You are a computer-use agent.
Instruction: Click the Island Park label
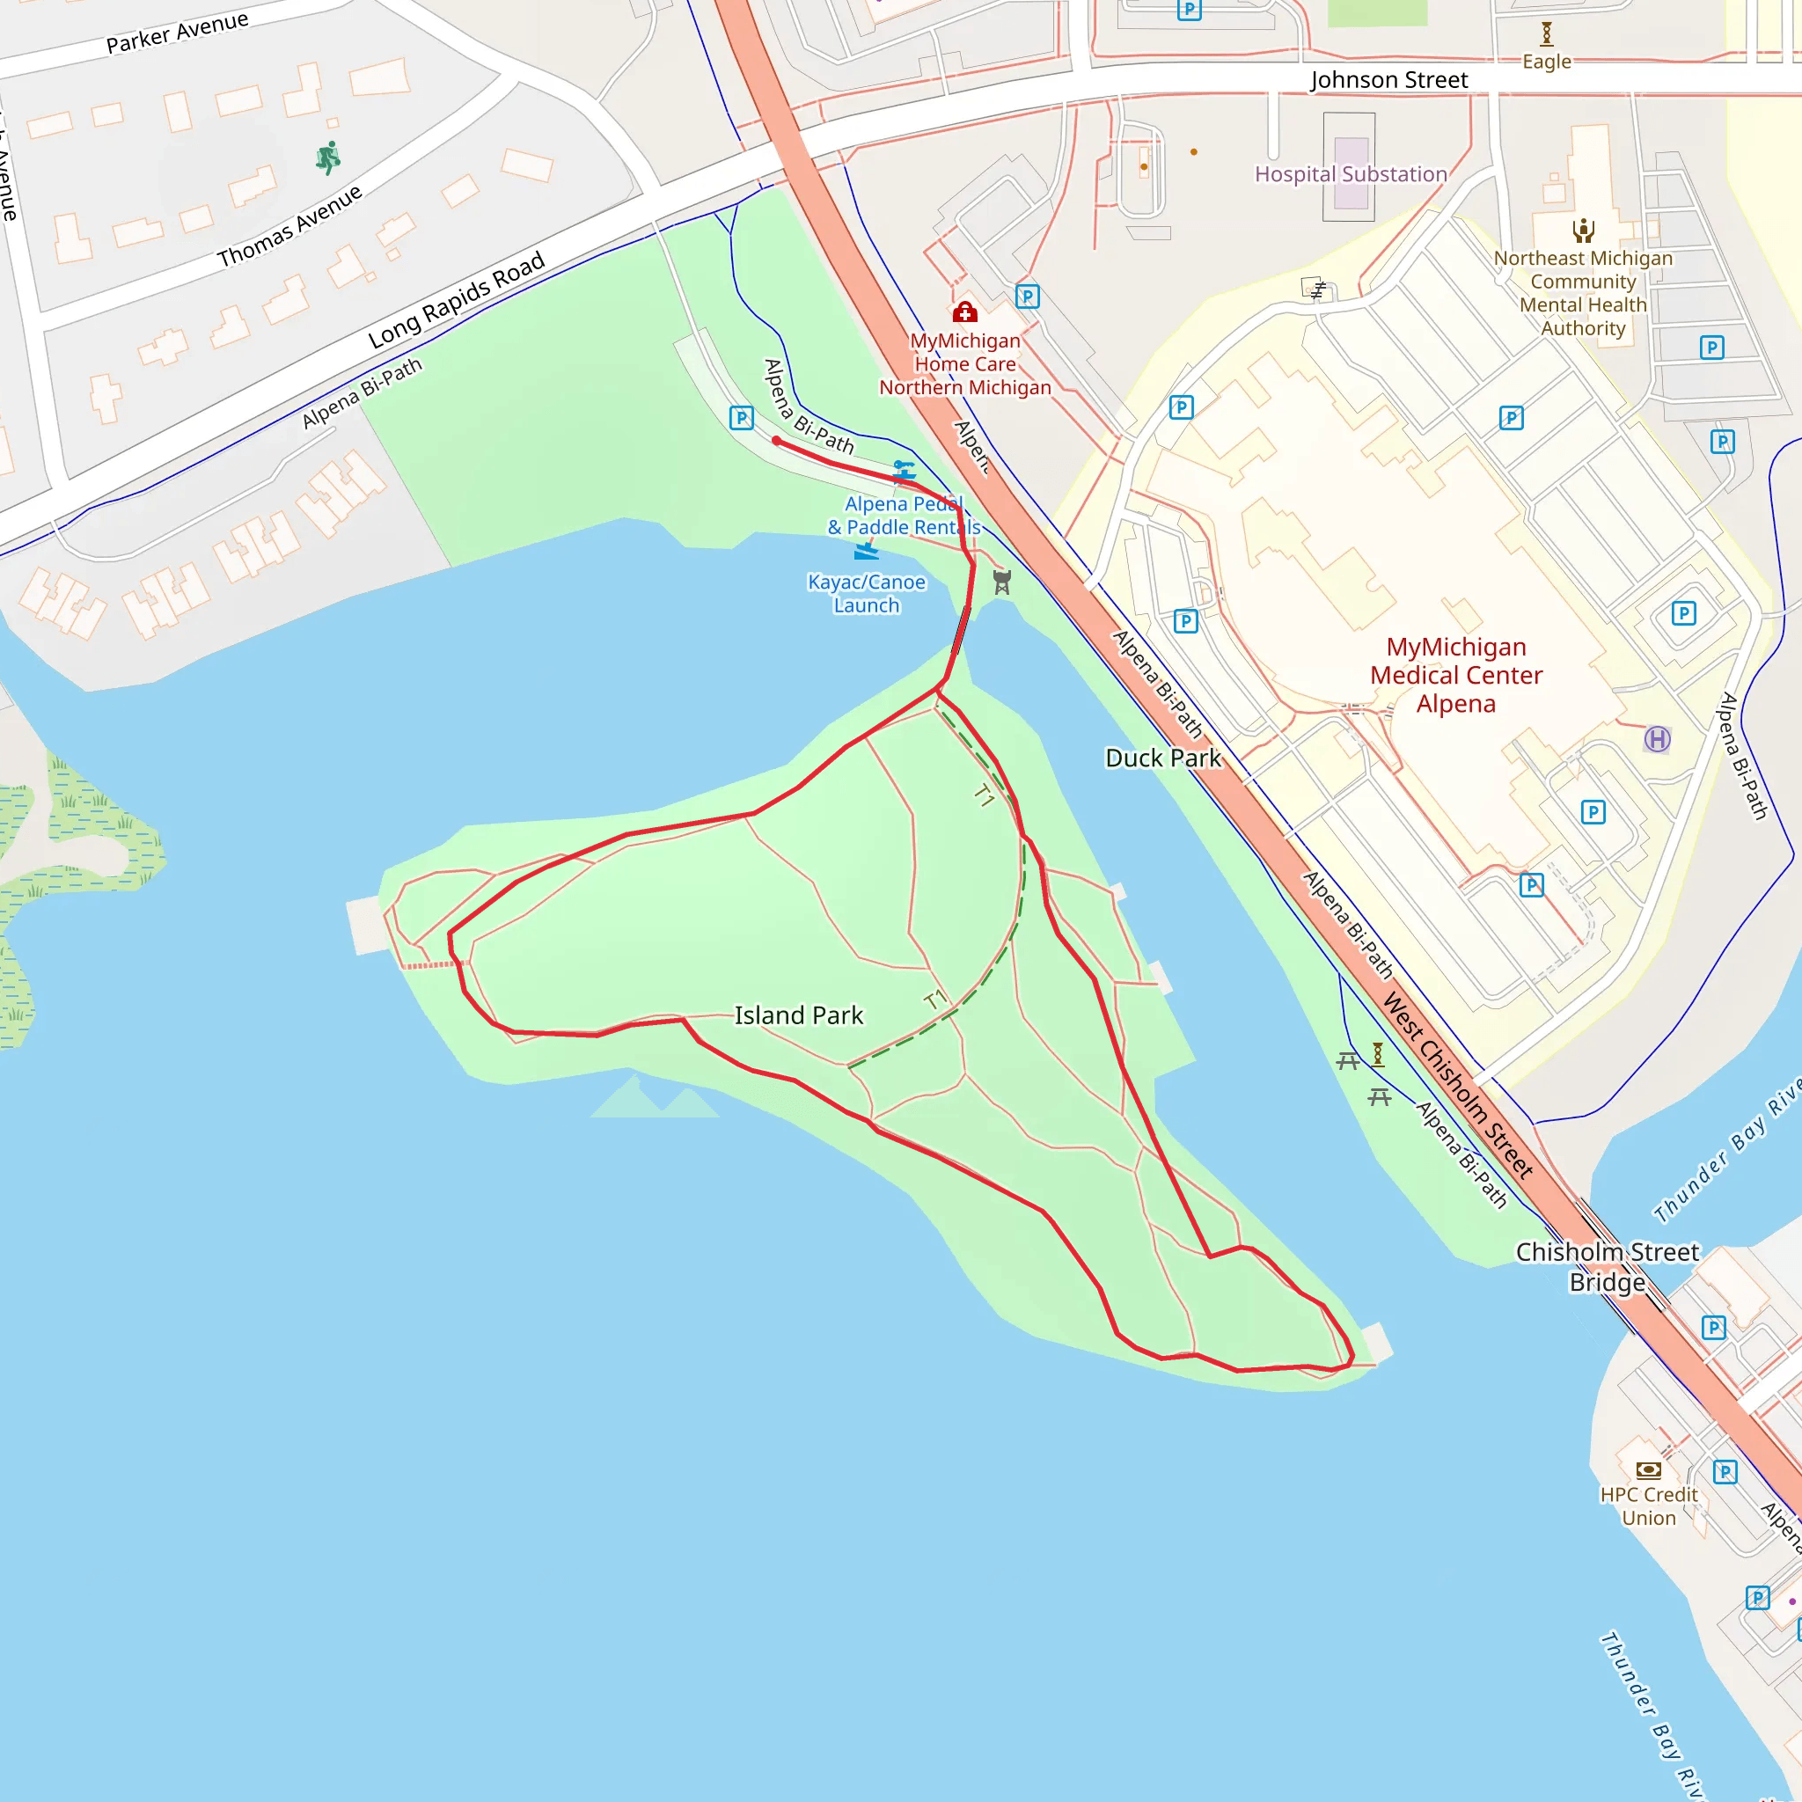coord(798,1015)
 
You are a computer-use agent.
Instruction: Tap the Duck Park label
coord(1162,758)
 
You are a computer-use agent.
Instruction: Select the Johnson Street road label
coord(1388,80)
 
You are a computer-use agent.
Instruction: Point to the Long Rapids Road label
coord(456,300)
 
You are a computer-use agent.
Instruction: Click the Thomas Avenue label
coord(289,227)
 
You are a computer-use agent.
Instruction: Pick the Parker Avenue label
coord(177,33)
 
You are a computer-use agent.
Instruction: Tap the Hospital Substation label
coord(1351,174)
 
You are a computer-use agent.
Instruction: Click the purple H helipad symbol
coord(1657,740)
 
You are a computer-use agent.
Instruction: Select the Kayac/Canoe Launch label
coord(867,593)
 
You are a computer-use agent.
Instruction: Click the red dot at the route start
coord(776,440)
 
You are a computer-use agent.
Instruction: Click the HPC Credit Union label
coord(1648,1505)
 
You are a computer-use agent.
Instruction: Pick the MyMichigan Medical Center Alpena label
coord(1455,674)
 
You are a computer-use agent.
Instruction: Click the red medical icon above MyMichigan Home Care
coord(964,311)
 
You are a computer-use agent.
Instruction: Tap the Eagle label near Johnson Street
coord(1547,62)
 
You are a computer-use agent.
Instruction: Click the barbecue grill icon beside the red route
coord(1001,583)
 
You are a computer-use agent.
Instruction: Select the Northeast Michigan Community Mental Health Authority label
coord(1583,293)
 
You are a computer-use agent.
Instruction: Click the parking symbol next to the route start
coord(742,417)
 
